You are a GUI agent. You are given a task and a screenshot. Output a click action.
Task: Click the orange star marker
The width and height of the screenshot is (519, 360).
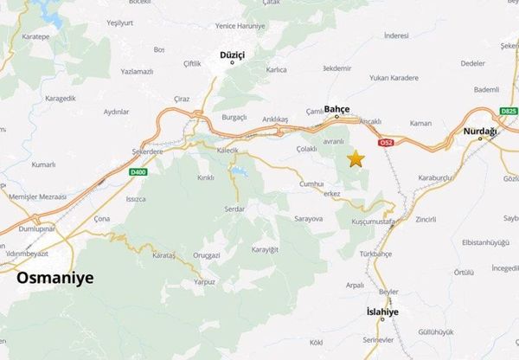pos(355,158)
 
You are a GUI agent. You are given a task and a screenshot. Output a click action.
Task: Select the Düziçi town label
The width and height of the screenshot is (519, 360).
pos(232,55)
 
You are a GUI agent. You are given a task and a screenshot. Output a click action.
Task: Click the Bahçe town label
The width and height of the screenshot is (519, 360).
pos(336,109)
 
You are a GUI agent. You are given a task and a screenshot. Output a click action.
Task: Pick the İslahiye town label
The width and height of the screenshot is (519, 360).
pos(381,310)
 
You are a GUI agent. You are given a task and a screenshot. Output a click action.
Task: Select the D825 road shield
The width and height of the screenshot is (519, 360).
pos(508,112)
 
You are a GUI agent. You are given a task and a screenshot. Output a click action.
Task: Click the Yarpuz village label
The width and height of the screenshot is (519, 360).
pos(204,281)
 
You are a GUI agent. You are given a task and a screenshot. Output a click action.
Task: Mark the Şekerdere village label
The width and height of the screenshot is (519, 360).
pos(146,150)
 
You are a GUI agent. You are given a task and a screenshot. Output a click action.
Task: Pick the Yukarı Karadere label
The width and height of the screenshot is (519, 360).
pos(393,77)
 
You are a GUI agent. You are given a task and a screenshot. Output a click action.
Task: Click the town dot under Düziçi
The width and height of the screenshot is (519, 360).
pos(232,63)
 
